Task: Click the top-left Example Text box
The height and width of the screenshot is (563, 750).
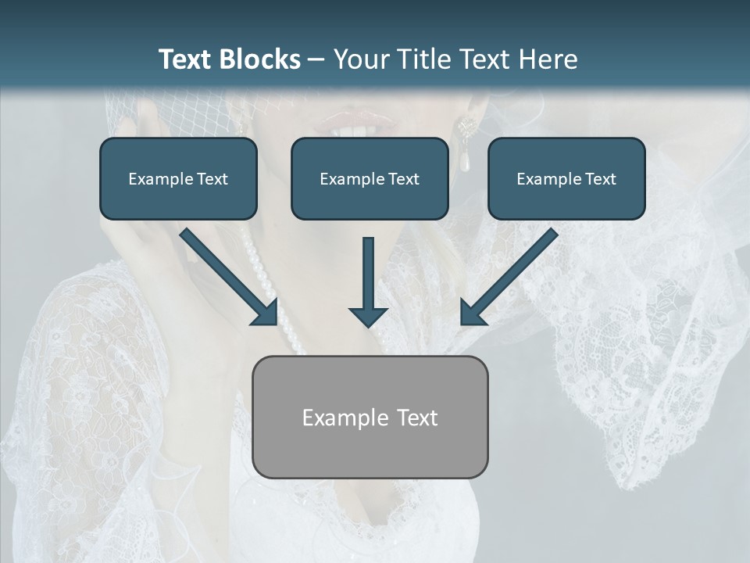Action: point(178,179)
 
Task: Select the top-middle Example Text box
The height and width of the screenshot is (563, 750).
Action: point(370,179)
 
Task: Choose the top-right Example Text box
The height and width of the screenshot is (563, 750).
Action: point(566,179)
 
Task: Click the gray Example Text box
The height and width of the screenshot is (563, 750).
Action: point(370,417)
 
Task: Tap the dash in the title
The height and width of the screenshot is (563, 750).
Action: point(316,60)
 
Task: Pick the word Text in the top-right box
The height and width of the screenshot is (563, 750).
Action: point(600,179)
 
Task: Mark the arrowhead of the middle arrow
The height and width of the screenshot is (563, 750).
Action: point(368,316)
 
